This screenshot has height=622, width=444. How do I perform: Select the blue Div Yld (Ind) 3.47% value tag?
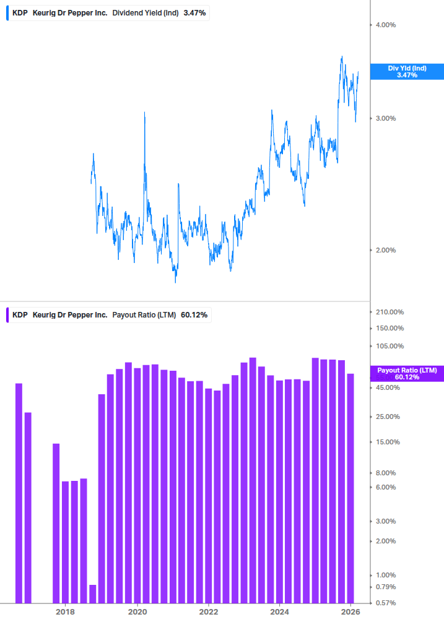(407, 71)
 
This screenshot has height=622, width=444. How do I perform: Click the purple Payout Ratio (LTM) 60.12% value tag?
(407, 373)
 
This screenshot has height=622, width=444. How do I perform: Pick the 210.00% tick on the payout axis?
(390, 312)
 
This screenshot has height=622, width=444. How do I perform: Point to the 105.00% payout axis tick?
(390, 346)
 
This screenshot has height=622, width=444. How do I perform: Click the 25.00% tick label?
(388, 417)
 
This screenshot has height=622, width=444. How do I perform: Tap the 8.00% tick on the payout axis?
(386, 473)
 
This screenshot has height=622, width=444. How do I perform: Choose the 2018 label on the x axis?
(65, 612)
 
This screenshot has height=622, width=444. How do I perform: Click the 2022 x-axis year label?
(209, 612)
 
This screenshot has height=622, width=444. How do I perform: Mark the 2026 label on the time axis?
(352, 612)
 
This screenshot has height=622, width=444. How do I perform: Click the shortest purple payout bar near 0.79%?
(92, 594)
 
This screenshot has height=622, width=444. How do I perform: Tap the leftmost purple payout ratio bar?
(19, 493)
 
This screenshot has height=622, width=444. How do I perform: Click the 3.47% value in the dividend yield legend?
(194, 12)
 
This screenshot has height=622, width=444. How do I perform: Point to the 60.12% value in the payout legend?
(193, 315)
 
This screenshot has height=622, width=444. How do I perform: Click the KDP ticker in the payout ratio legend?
(20, 315)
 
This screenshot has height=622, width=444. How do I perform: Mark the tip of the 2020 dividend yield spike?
(144, 113)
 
